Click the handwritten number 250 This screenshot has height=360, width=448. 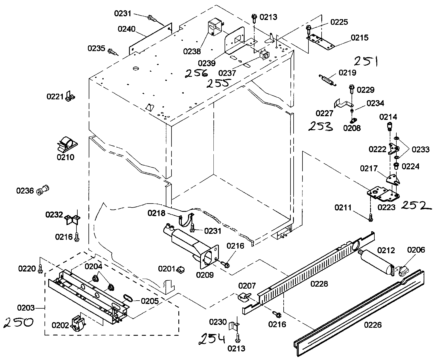click(x=18, y=323)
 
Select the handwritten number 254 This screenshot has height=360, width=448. click(x=212, y=339)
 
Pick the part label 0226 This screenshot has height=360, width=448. click(x=373, y=325)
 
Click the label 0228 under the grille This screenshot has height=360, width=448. click(x=319, y=284)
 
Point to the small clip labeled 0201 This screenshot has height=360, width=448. click(x=180, y=269)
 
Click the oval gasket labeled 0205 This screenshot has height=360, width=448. click(x=128, y=298)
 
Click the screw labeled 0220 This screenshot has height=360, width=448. click(x=40, y=268)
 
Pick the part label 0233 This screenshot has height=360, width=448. click(x=421, y=149)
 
